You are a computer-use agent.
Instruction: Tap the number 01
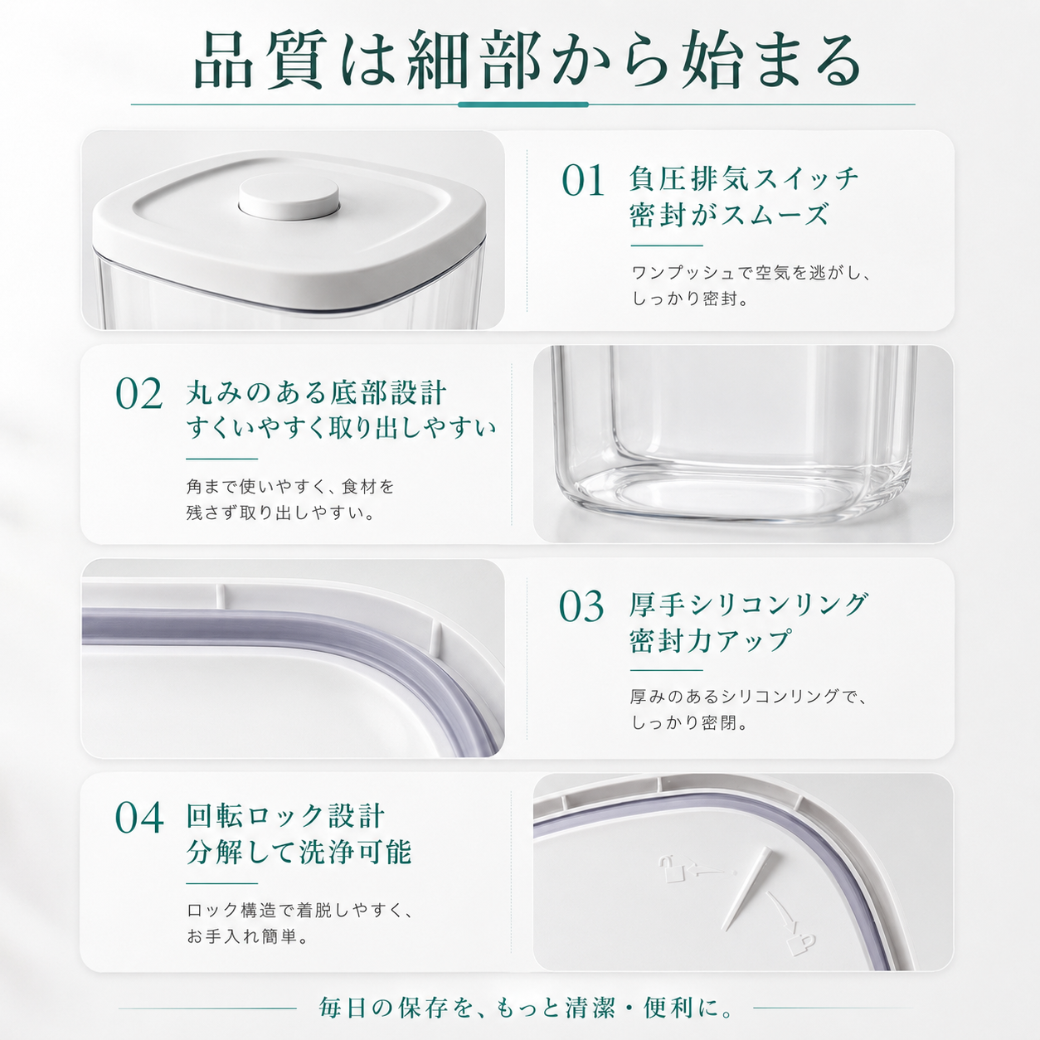(x=583, y=181)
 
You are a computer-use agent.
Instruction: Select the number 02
(x=139, y=395)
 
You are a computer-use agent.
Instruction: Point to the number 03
(x=581, y=606)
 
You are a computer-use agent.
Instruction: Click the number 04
(x=139, y=819)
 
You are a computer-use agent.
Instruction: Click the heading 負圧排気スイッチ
(x=744, y=178)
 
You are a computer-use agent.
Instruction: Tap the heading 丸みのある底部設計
(x=316, y=392)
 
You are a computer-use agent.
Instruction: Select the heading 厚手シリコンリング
(x=749, y=605)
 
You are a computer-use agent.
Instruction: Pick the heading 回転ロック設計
(x=285, y=816)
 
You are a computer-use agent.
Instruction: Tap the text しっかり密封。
(x=690, y=299)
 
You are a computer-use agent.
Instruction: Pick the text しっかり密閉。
(x=690, y=722)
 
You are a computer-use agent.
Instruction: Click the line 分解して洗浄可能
(x=299, y=853)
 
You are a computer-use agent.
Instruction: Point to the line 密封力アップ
(x=710, y=640)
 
